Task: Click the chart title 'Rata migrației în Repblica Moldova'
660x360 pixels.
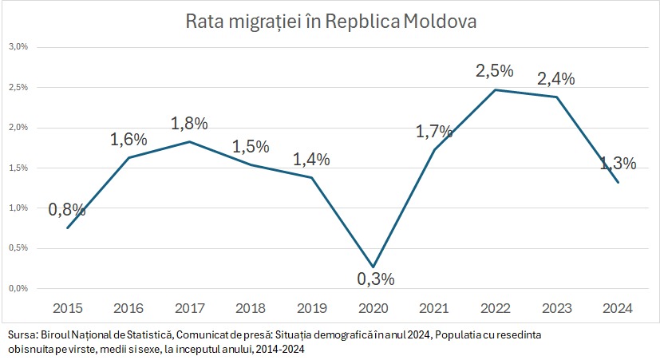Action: (330, 22)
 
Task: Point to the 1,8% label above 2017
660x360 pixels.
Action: (189, 124)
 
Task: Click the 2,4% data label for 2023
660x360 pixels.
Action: (556, 79)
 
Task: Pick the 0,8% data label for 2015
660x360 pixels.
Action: (67, 210)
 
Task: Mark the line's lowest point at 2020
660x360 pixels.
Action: (373, 267)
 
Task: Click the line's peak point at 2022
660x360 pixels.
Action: (496, 89)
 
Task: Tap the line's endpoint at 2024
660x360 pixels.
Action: (619, 183)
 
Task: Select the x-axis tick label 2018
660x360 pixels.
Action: (251, 308)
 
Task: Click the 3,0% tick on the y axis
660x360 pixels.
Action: (18, 46)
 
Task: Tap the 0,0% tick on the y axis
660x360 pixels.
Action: (18, 288)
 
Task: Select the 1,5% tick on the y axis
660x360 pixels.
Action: (18, 168)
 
